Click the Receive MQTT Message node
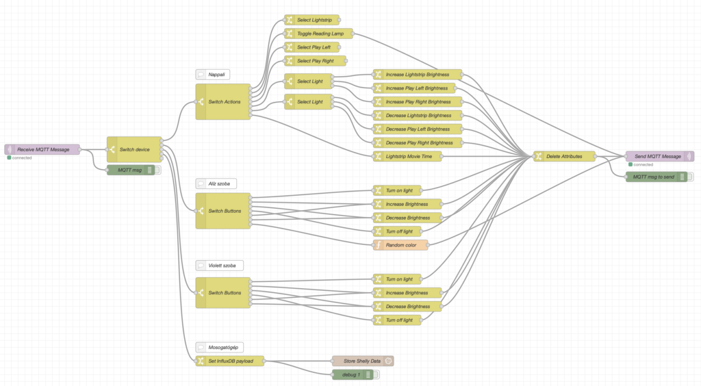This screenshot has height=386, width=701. (x=42, y=149)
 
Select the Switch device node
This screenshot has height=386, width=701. (x=134, y=149)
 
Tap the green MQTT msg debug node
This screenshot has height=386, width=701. (x=130, y=170)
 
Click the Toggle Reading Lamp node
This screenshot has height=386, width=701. (x=319, y=34)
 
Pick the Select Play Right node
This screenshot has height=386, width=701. (x=315, y=61)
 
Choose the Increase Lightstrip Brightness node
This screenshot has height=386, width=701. (x=418, y=75)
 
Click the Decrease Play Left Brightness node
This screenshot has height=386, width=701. (x=418, y=129)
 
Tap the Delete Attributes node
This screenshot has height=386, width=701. (x=564, y=156)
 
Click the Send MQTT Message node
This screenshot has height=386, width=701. (x=657, y=156)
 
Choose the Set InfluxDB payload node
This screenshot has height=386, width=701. (x=230, y=361)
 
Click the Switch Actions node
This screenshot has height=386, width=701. (x=223, y=101)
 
